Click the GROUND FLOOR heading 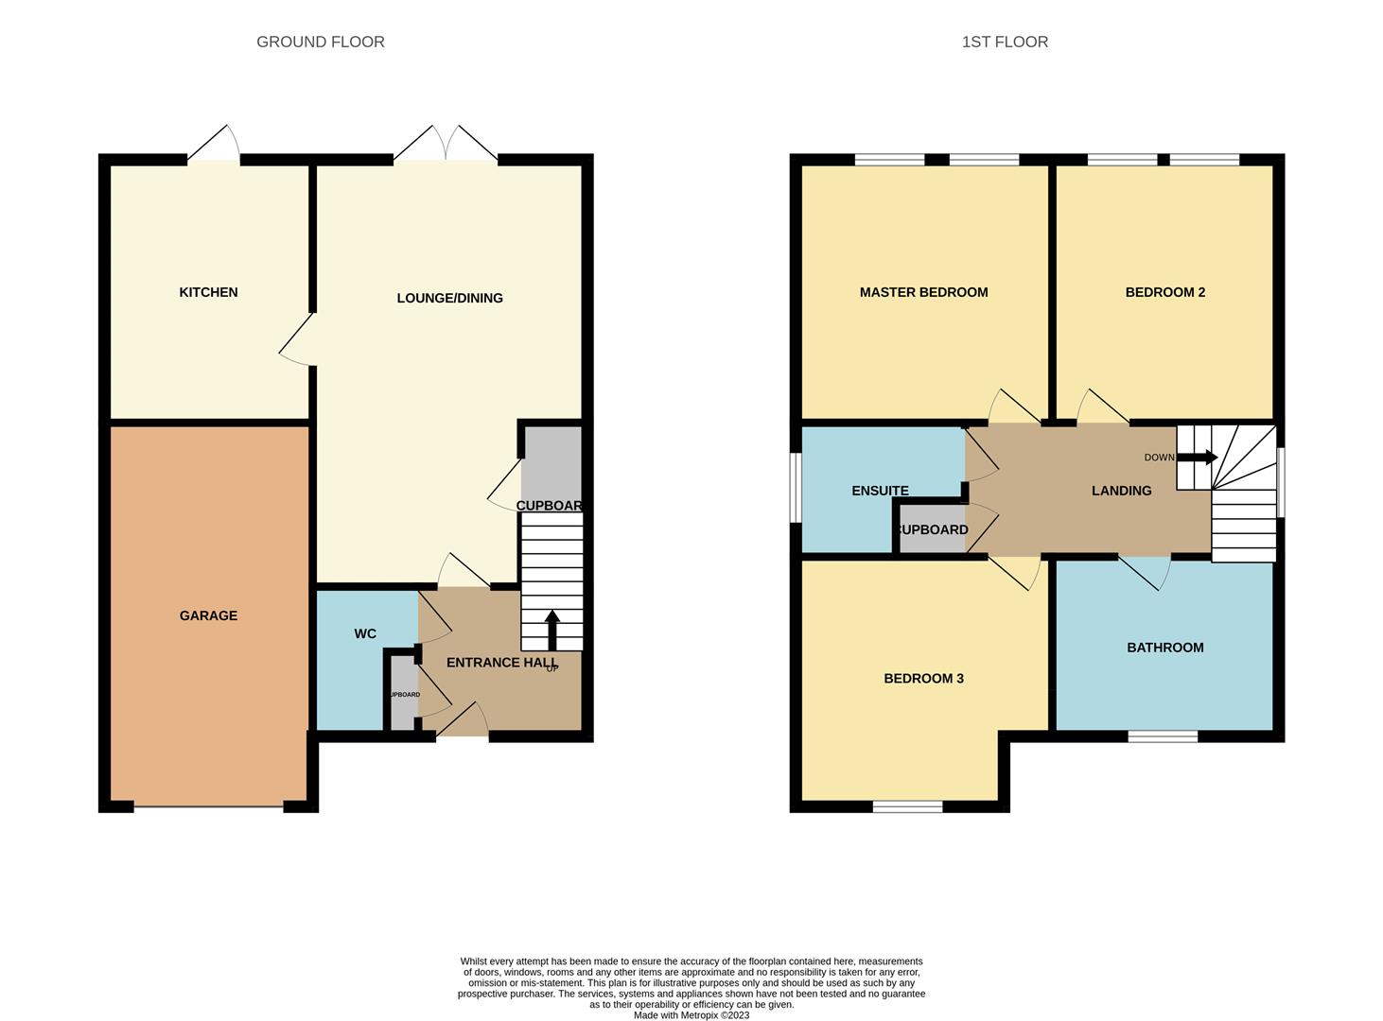tap(320, 42)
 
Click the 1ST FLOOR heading tap(1005, 42)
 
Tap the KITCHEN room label tap(208, 292)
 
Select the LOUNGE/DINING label tap(449, 298)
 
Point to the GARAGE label tap(208, 615)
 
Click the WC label tap(365, 633)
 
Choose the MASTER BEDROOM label tap(923, 292)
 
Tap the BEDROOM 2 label tap(1164, 292)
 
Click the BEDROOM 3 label tap(923, 678)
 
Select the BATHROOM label tap(1164, 648)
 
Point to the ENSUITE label tap(880, 491)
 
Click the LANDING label tap(1121, 491)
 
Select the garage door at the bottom tap(208, 806)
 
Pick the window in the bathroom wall tap(1163, 735)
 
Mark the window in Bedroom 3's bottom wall tap(907, 806)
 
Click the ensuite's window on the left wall tap(797, 487)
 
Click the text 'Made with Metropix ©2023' tap(691, 1015)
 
